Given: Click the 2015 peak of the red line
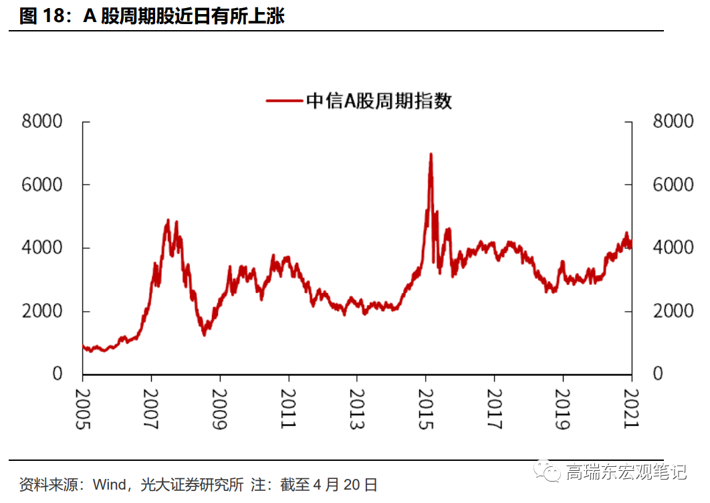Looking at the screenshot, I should click(431, 155).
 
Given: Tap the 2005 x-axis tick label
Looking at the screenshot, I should click(82, 409).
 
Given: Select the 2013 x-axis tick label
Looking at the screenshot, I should click(357, 409).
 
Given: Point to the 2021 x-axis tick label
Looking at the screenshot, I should click(632, 409).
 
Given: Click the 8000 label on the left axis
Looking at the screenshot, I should click(41, 122).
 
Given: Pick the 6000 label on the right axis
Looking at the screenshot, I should click(673, 185).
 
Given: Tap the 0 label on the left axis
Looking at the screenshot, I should click(57, 375).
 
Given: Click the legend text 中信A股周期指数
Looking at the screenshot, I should click(379, 101).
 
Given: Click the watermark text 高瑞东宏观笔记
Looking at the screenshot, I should click(626, 472).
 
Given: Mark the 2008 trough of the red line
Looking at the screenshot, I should click(204, 334).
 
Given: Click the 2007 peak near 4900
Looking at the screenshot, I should click(168, 221).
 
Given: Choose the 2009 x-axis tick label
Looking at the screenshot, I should click(220, 409).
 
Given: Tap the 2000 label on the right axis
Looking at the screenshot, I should click(673, 312).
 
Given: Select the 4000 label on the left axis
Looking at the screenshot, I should click(41, 248).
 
